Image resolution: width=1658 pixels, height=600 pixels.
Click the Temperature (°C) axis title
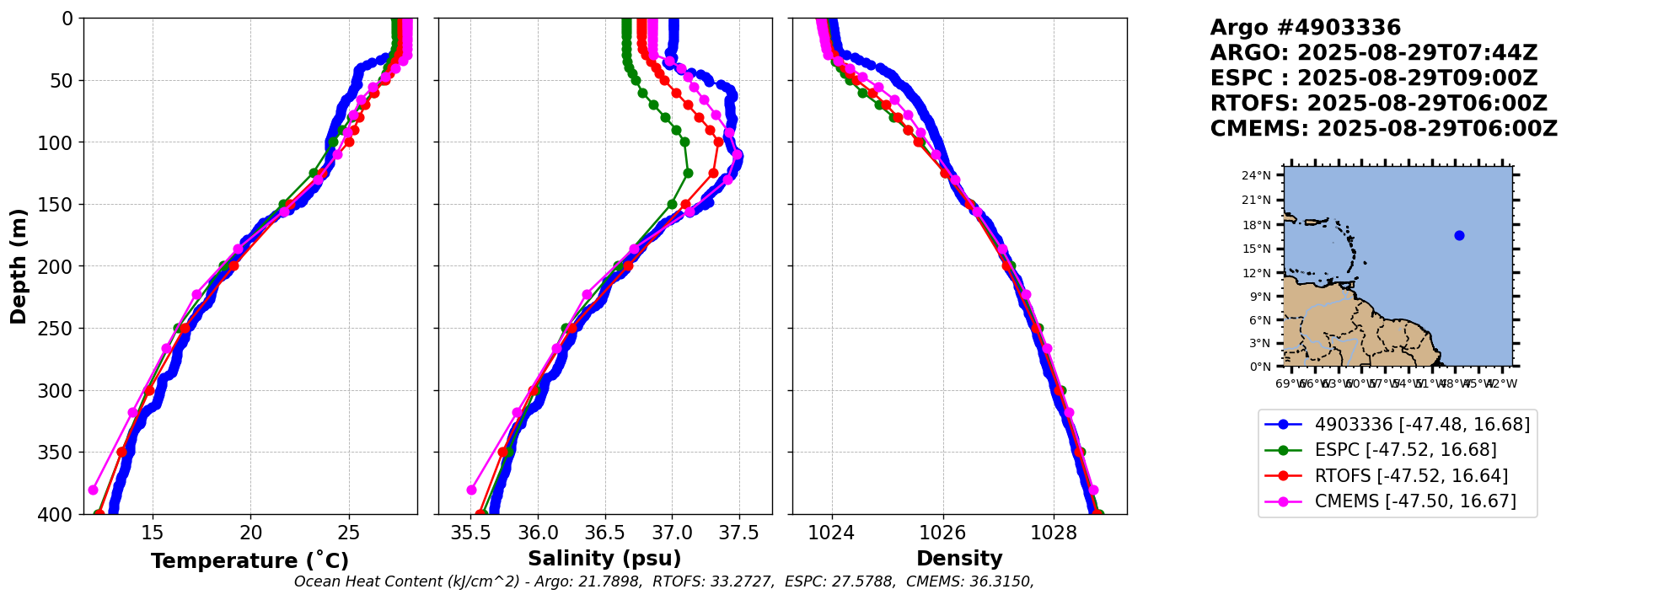coord(250,561)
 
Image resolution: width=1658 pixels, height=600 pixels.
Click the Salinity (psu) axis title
coord(604,559)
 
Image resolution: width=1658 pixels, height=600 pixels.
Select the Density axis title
coord(959,559)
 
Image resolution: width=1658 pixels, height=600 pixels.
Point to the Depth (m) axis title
coord(19,266)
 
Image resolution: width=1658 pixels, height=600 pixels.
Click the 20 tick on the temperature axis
coord(250,533)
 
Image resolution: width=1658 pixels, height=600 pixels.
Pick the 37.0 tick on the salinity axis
coord(672,533)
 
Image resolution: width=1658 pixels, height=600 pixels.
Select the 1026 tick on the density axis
coord(942,533)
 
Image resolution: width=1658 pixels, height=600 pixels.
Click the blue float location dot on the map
coord(1459,235)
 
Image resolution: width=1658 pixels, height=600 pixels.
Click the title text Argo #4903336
coord(1305,28)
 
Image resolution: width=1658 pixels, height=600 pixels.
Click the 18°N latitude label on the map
coord(1256,225)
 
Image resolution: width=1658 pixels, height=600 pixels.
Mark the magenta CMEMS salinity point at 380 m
coord(471,490)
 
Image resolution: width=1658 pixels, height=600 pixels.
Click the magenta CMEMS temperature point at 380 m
coord(93,490)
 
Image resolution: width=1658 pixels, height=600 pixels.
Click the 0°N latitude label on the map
coord(1259,367)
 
